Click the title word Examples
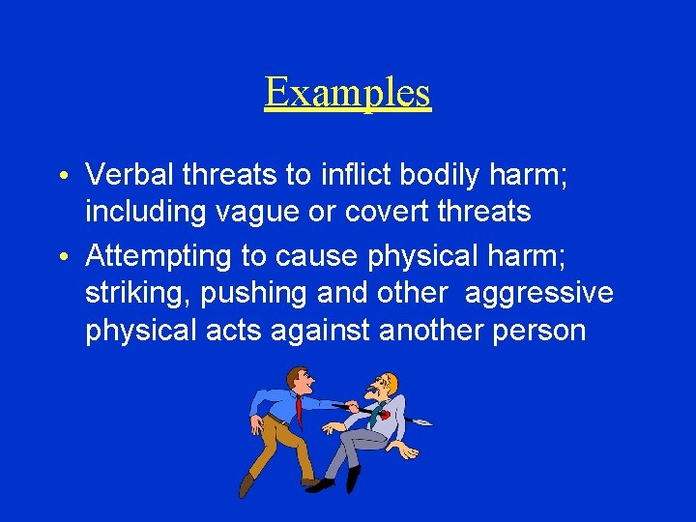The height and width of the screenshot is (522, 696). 347,93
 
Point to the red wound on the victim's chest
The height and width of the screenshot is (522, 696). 384,414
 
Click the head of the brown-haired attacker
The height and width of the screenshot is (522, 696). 300,379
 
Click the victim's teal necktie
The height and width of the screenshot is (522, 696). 372,417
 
